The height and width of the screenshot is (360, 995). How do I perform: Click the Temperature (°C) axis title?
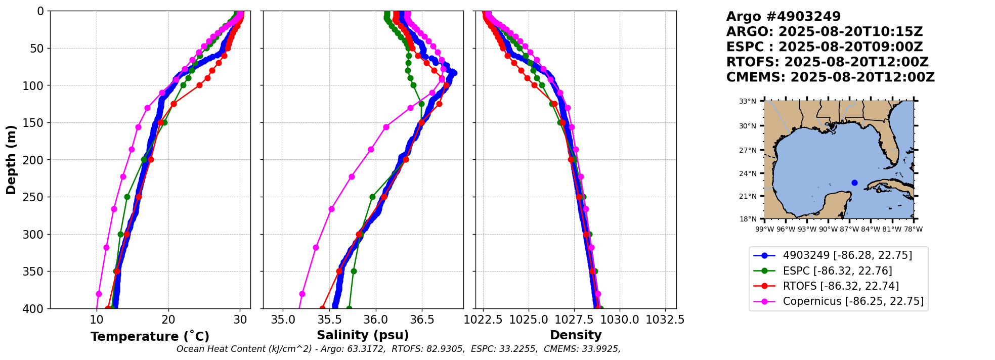[x=150, y=336]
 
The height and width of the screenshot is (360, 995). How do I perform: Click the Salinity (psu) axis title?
[x=363, y=335]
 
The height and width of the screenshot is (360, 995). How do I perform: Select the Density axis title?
[x=576, y=335]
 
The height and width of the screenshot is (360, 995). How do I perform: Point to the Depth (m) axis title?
[x=11, y=160]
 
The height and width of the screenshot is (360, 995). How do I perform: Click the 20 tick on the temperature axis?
[x=168, y=320]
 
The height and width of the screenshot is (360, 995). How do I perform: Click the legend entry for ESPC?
[x=837, y=271]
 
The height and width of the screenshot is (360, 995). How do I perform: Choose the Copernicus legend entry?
[x=853, y=302]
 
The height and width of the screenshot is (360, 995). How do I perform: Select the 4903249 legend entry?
[x=847, y=255]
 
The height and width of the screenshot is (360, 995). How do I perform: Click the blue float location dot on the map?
[x=854, y=183]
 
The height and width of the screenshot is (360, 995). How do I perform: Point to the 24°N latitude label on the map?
[x=748, y=173]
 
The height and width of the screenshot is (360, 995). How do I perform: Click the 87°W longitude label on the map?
[x=849, y=229]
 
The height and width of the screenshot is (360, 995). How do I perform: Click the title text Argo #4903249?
[x=783, y=17]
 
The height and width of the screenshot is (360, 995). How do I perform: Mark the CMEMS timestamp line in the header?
[x=830, y=77]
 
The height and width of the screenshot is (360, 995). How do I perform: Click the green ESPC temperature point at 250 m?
[x=127, y=197]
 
